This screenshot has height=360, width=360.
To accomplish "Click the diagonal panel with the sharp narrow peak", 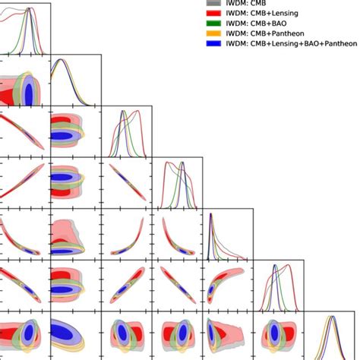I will point(228,232).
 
